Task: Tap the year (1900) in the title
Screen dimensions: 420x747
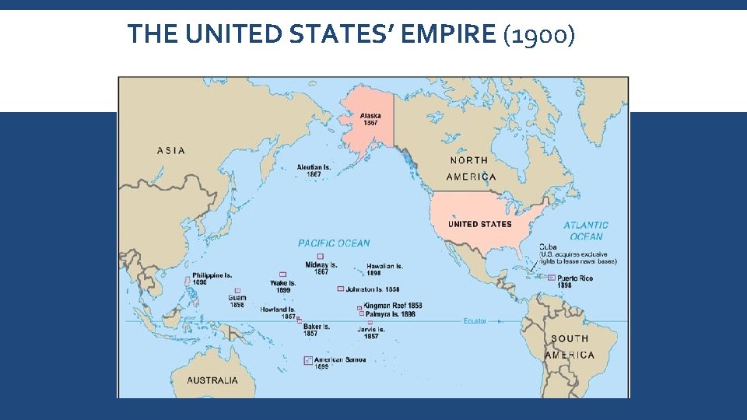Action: tap(538, 34)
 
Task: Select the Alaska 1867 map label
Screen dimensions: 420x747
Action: tap(370, 120)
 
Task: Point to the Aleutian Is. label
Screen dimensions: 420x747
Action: tap(314, 170)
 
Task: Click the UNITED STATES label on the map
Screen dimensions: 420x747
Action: tap(479, 224)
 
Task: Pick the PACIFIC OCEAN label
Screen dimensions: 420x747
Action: tap(334, 243)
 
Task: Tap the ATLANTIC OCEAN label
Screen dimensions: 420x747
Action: tap(586, 230)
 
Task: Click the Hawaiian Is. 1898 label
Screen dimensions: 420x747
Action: tap(384, 269)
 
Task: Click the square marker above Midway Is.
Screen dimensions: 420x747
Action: tap(320, 256)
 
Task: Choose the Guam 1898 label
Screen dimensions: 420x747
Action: tap(237, 301)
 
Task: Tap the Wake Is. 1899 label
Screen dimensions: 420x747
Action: tap(283, 286)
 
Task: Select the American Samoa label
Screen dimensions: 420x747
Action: tap(340, 360)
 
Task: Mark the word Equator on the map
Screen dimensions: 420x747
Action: tap(475, 321)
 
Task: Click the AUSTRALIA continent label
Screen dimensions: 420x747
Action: tap(212, 381)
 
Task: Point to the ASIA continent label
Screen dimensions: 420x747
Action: tap(171, 150)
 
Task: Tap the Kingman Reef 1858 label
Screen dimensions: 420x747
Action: tap(393, 306)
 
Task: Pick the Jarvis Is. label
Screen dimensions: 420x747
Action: tap(371, 332)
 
